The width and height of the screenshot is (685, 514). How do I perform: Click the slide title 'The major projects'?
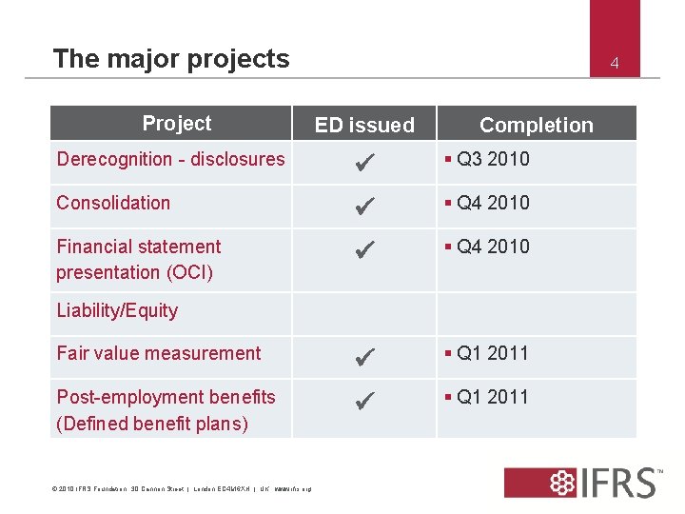tap(171, 59)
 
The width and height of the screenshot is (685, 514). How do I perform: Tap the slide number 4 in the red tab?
tap(615, 64)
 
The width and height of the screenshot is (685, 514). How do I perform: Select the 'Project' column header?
tap(176, 123)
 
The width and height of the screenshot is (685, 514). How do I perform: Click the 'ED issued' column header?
tap(364, 125)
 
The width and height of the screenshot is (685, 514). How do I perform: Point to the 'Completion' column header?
tap(536, 125)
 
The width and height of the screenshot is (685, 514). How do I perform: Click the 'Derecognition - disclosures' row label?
tap(170, 159)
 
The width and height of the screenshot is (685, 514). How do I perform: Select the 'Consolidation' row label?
tap(113, 203)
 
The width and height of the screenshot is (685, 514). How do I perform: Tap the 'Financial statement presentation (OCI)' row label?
tap(138, 259)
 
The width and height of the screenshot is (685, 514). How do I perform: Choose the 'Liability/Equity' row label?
tap(117, 310)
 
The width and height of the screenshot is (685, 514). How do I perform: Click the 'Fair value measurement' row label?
tap(158, 353)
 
